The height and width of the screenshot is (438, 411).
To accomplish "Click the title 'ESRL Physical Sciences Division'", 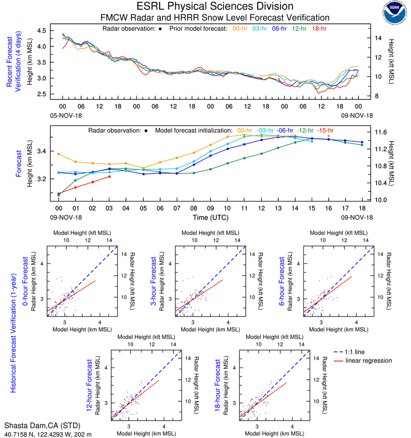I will [x=215, y=6].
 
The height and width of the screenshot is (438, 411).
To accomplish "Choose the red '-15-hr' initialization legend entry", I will [x=327, y=130].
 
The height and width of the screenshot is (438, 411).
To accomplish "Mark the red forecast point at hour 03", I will [x=109, y=176].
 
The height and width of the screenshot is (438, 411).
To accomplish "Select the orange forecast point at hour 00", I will [x=59, y=154].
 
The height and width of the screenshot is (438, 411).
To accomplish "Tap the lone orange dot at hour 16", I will [x=328, y=136].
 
